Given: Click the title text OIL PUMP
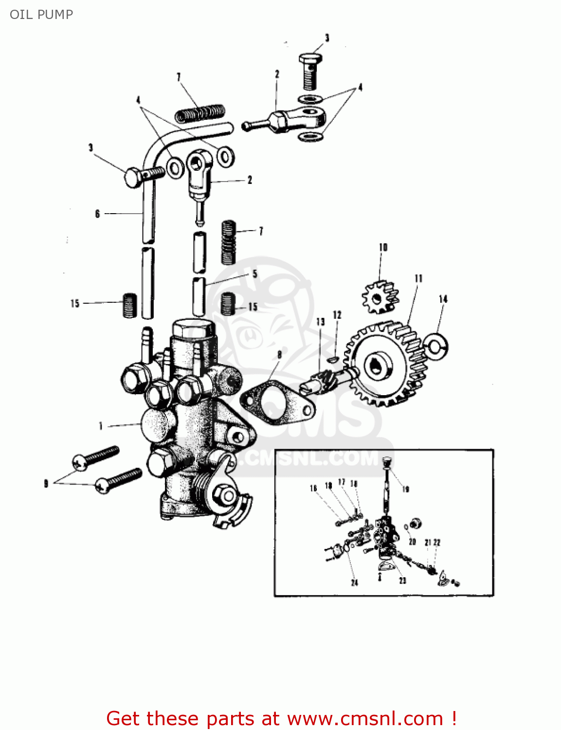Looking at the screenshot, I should pyautogui.click(x=41, y=15).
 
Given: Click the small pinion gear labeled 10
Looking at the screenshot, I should pyautogui.click(x=380, y=297).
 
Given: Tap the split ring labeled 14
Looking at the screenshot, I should pyautogui.click(x=436, y=346).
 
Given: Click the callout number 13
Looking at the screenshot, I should pyautogui.click(x=320, y=322).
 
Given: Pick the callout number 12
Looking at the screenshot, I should pyautogui.click(x=337, y=315).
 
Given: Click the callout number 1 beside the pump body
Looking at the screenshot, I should pyautogui.click(x=101, y=426).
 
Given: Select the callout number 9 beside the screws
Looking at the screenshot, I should pyautogui.click(x=46, y=483).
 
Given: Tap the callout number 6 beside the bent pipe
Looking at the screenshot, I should pyautogui.click(x=97, y=214).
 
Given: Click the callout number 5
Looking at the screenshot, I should pyautogui.click(x=254, y=274).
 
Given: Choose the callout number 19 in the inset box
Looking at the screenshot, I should pyautogui.click(x=406, y=489).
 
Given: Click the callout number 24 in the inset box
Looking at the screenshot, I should pyautogui.click(x=355, y=583).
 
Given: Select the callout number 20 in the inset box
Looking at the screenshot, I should pyautogui.click(x=412, y=542).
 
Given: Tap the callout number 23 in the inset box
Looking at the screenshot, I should pyautogui.click(x=402, y=581).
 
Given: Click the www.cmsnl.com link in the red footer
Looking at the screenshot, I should pyautogui.click(x=365, y=719).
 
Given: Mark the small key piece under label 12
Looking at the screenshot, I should pyautogui.click(x=333, y=360).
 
